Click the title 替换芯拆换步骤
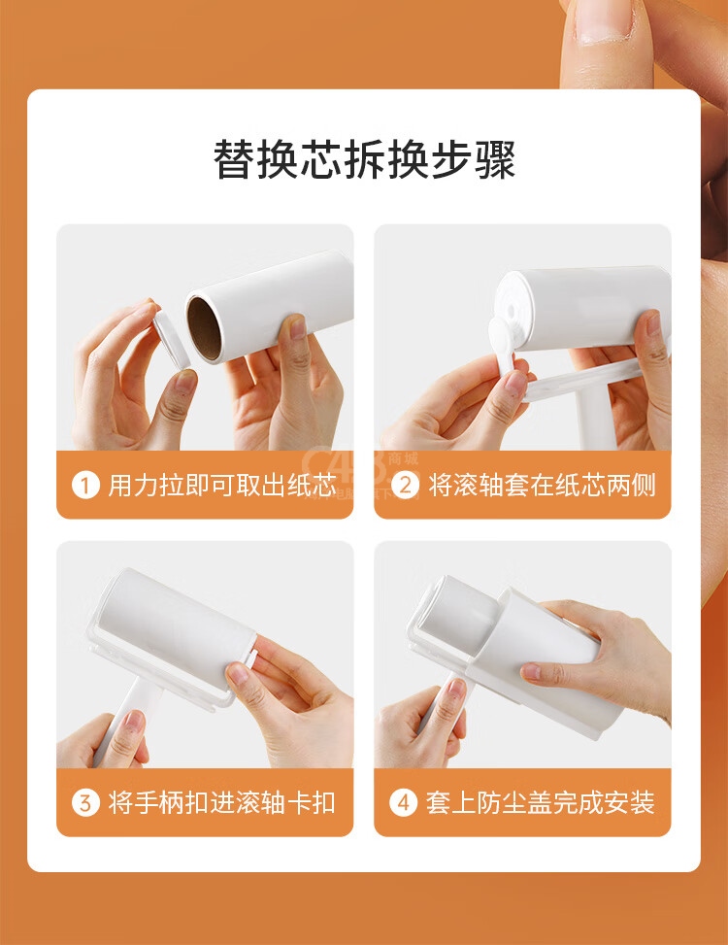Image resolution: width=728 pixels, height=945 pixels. pos(364,160)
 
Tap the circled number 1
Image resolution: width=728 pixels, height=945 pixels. pos(84,486)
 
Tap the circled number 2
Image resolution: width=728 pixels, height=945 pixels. pos(405,486)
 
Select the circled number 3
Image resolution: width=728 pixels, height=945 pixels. pos(84,803)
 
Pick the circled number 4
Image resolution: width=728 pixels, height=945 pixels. pos(403,803)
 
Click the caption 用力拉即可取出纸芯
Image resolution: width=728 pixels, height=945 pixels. pos(221,486)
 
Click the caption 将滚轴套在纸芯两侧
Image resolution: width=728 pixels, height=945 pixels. pos(542,486)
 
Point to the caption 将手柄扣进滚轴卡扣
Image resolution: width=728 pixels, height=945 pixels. pos(221,803)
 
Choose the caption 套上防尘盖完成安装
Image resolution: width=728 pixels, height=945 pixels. pos(540,803)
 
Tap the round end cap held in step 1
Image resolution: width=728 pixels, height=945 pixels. pos(171,338)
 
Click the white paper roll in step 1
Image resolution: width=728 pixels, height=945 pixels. pos(270,307)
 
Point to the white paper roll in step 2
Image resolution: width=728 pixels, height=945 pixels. pos(582,309)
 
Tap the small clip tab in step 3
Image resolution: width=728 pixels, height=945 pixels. pos(250,657)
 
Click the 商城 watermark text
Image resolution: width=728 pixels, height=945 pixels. pos(403,458)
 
